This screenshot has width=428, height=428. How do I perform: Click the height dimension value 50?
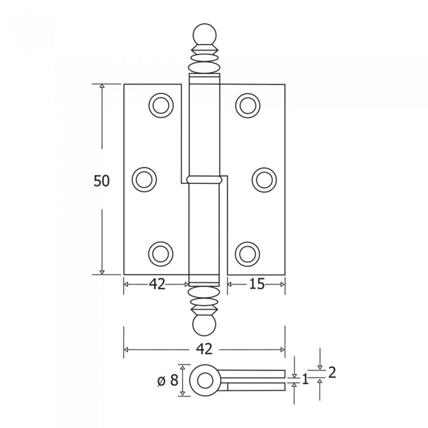coord(101,181)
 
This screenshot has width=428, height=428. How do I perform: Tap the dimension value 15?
coord(257,284)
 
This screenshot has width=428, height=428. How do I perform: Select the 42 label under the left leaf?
coord(157,284)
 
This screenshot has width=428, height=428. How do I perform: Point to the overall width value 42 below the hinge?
coord(204,349)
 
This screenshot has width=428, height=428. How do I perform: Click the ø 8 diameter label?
coord(168,380)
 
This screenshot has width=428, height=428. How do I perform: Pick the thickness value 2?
coord(332,372)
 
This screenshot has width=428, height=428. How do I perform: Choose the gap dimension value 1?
coord(306,379)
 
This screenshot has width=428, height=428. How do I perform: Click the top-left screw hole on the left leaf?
coord(161,105)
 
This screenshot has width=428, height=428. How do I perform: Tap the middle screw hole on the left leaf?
coord(144,180)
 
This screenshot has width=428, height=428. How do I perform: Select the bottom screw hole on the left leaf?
coord(161,254)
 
